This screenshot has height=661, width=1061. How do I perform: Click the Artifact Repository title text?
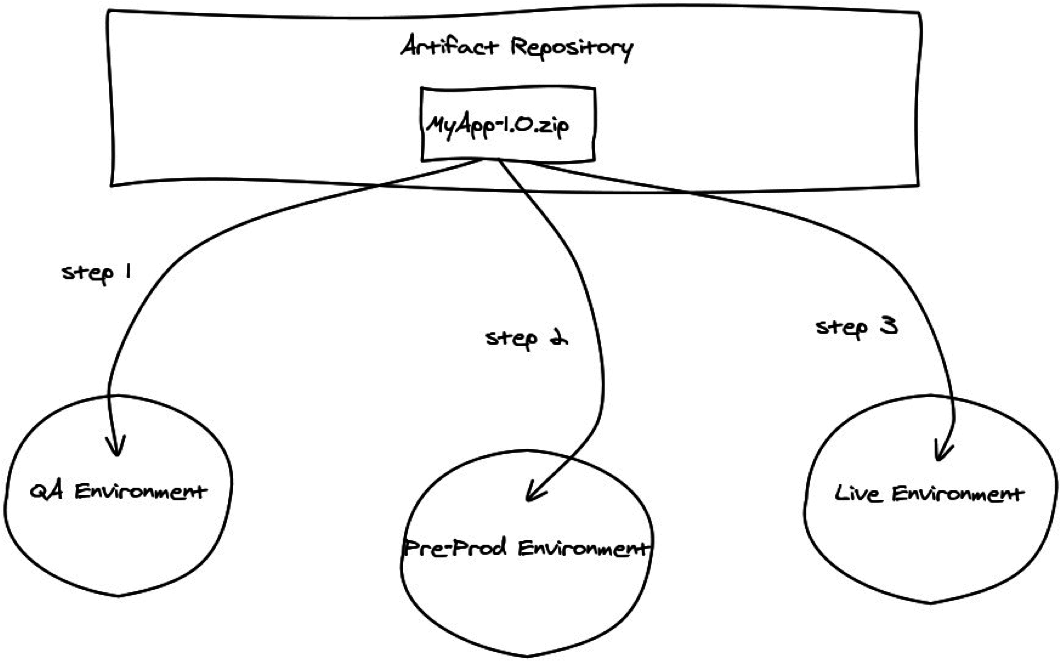click(517, 47)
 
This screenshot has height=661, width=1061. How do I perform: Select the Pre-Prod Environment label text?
click(526, 548)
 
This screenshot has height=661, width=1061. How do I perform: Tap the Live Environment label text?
click(929, 493)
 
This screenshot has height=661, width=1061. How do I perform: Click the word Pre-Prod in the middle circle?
click(444, 548)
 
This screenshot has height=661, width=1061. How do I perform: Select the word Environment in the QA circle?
click(139, 491)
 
